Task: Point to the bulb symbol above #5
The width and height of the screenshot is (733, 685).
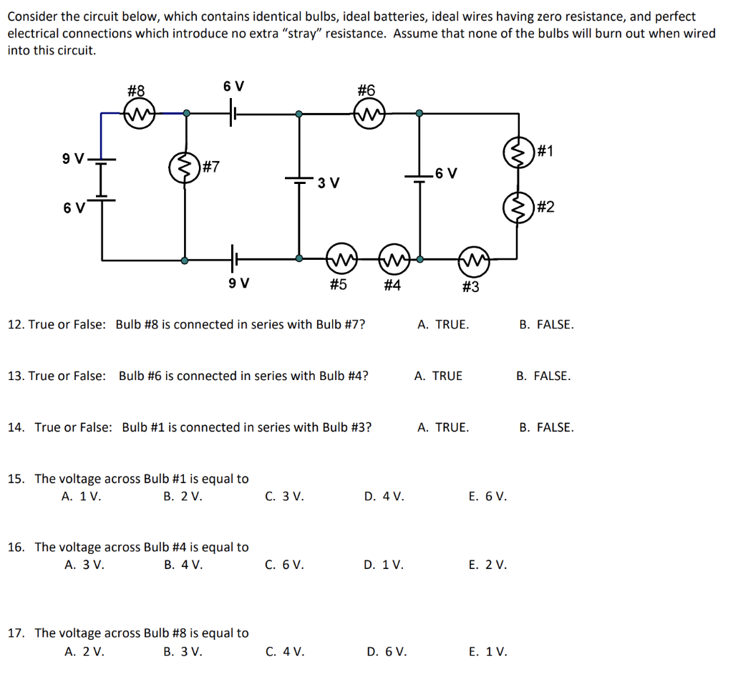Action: [339, 258]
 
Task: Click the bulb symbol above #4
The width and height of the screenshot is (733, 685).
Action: [392, 258]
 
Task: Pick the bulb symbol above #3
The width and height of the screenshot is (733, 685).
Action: [473, 261]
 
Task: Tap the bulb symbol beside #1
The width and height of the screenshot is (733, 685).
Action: [518, 152]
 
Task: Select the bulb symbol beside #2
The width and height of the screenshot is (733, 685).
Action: [518, 208]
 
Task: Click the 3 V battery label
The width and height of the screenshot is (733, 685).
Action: [329, 183]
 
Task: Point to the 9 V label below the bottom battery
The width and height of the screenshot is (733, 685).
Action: [238, 283]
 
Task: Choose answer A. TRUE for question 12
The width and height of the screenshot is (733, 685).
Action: [443, 324]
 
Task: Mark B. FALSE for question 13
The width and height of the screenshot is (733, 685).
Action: [543, 376]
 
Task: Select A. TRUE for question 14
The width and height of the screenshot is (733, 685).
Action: [443, 427]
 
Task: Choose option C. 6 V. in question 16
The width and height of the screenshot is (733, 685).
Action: [284, 565]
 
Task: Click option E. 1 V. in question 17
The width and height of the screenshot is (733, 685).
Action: [487, 651]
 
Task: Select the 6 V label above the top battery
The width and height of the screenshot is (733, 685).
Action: [233, 87]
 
